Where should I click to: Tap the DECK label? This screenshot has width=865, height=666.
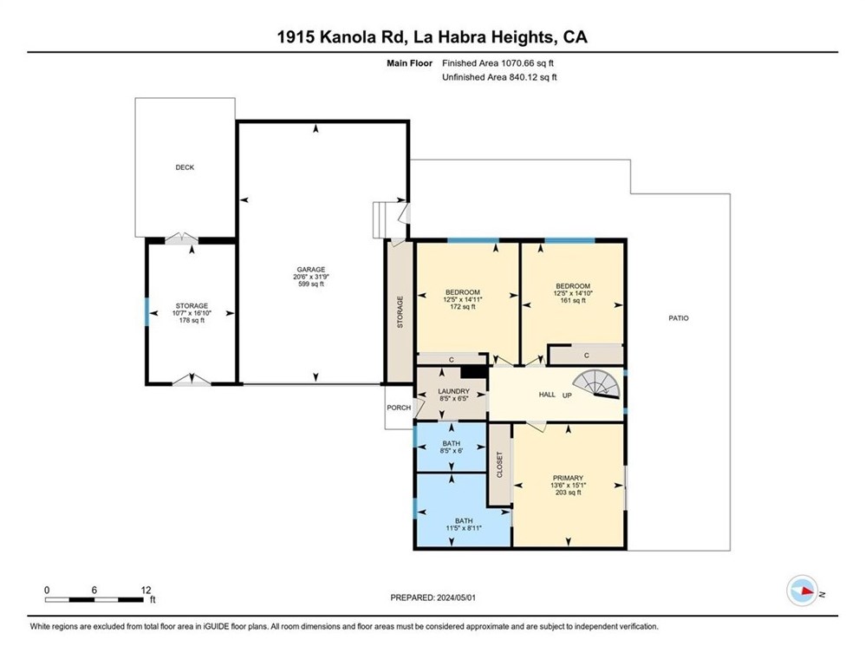click(185, 167)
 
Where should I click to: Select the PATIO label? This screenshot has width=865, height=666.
click(678, 318)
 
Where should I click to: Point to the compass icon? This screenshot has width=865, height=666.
click(802, 591)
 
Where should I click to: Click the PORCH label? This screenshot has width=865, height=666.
click(398, 408)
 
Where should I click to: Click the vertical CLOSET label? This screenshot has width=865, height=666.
click(499, 465)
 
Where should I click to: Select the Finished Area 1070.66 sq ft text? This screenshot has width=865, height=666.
click(499, 63)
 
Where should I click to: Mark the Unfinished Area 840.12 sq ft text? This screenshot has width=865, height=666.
click(499, 77)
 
